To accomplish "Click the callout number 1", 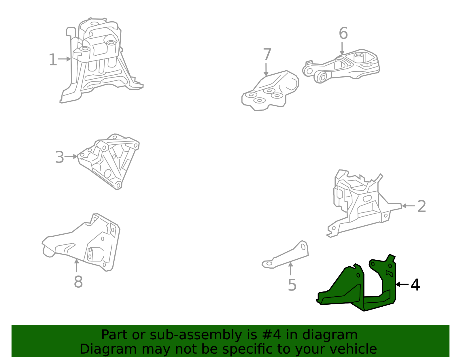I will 53,60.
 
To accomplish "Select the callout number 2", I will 422,206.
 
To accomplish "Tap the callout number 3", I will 59,157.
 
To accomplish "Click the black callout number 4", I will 415,285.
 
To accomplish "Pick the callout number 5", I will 292,285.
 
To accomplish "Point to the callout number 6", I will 343,33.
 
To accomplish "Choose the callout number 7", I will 267,54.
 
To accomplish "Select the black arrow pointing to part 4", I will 402,284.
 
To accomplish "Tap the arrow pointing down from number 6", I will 342,48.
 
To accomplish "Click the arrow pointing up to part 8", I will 77,265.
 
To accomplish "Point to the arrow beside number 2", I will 408,206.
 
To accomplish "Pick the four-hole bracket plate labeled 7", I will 269,91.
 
